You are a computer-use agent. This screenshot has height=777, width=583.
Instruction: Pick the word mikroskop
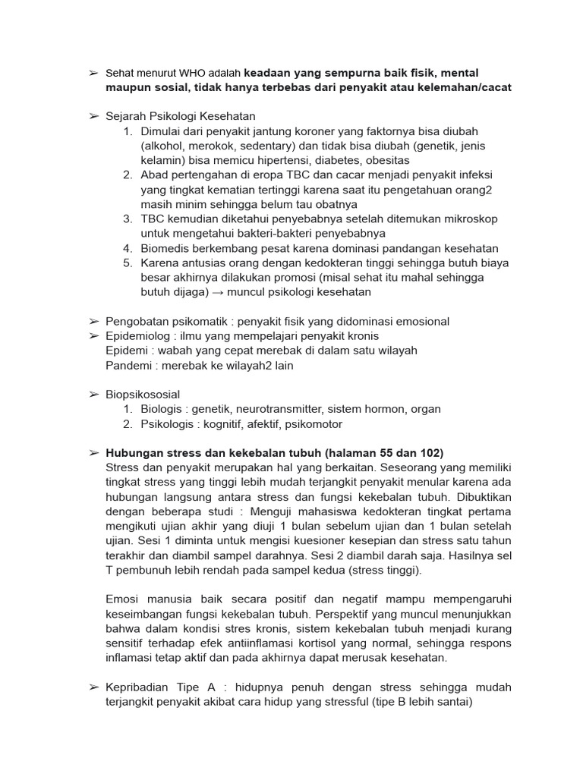[467, 219]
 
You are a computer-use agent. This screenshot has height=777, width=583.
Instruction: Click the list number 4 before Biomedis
[128, 248]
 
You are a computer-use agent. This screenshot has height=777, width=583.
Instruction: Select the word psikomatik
[199, 322]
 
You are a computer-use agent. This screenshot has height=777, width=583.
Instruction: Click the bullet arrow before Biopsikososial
[93, 395]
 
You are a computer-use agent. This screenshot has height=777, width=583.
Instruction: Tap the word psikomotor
[311, 423]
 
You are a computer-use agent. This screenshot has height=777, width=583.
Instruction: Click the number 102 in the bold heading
[427, 453]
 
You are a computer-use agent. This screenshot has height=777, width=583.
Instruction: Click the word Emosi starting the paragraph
[124, 599]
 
